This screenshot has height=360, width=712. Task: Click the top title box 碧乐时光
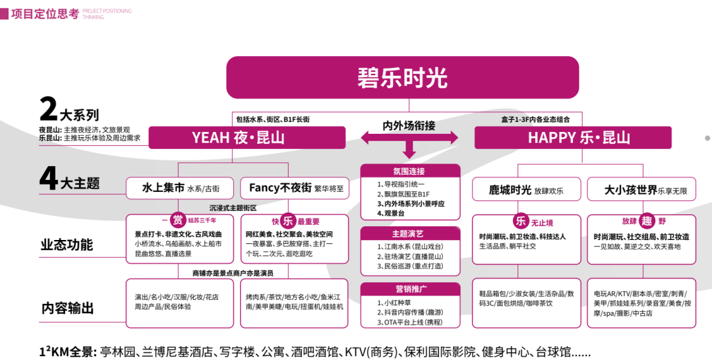(x=402, y=78)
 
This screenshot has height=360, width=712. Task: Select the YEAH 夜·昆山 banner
(x=247, y=138)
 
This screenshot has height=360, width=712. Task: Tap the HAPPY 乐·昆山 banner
(x=573, y=138)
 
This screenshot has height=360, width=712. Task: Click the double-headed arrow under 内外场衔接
(x=409, y=138)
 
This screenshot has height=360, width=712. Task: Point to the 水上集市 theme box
(x=180, y=188)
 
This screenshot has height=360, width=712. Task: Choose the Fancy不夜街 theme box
(x=295, y=188)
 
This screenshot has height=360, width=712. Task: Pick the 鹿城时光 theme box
(x=527, y=190)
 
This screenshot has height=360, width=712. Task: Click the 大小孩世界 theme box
(x=641, y=190)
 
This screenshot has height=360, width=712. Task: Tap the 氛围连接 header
(x=410, y=171)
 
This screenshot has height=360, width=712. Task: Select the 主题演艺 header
(x=410, y=233)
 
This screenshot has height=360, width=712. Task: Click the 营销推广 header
(x=410, y=289)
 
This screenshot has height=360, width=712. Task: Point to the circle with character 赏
(x=177, y=220)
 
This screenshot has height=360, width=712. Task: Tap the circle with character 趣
(x=647, y=221)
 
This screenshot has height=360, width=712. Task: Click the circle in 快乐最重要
(x=288, y=221)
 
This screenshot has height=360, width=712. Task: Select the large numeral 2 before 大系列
(x=49, y=109)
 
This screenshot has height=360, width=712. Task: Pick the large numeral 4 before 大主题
(x=49, y=179)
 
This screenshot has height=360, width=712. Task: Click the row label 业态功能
(x=67, y=245)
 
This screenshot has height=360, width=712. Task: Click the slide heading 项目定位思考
(x=45, y=14)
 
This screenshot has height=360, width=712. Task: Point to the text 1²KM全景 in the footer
(x=68, y=351)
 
